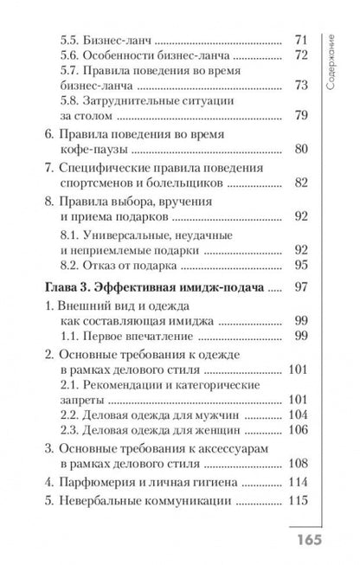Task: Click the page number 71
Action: (301, 41)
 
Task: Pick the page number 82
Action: (300, 183)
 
